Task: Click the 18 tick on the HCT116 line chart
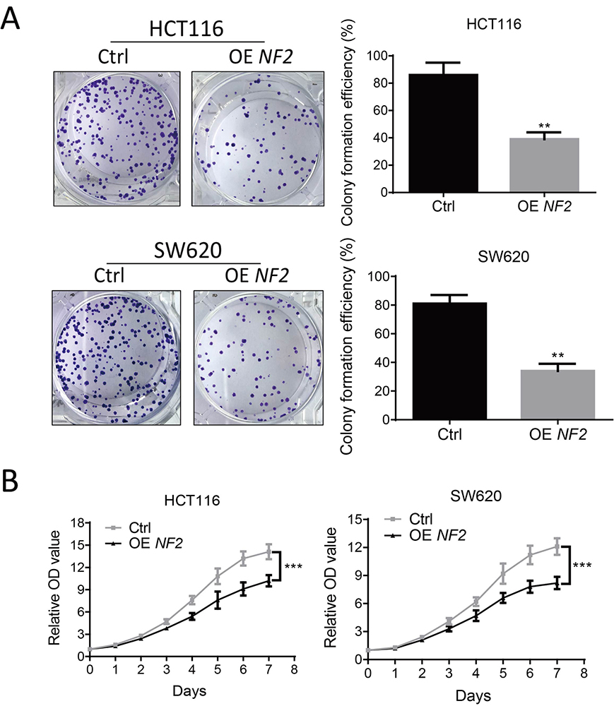[78, 522]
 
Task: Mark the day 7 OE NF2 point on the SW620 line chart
[557, 582]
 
